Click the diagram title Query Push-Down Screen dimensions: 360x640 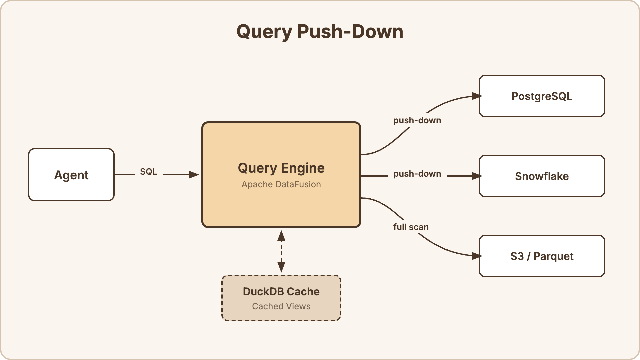[320, 32]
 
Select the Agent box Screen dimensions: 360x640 [71, 175]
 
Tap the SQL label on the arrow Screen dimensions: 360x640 [148, 172]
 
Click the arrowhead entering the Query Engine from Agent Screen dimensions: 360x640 [194, 175]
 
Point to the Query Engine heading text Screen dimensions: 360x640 [281, 168]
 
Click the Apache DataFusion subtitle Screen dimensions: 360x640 [281, 184]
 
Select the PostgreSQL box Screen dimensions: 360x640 [542, 96]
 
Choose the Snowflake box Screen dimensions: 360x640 [542, 176]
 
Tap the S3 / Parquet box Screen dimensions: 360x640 [542, 256]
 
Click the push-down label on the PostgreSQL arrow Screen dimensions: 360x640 [417, 120]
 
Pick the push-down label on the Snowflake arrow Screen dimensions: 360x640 [417, 174]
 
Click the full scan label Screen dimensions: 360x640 [411, 227]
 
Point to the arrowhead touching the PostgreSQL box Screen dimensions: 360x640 [477, 96]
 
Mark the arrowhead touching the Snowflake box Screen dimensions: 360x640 [477, 176]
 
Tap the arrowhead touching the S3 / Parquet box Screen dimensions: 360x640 [477, 256]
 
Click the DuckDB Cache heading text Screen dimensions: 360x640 [281, 292]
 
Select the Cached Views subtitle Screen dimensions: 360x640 [281, 306]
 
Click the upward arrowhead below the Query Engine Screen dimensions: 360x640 [281, 236]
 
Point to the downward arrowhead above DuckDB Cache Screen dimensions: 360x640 [281, 267]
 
